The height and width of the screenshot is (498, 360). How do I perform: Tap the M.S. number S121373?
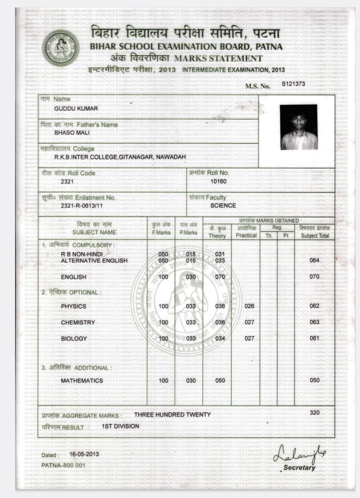(294, 84)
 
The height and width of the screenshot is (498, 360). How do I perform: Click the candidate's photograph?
(299, 127)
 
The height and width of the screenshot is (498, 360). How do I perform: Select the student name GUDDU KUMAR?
(76, 109)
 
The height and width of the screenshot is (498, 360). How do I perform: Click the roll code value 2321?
(67, 181)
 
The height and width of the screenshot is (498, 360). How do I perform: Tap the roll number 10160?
(218, 181)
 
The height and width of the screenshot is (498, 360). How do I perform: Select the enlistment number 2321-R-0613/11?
(82, 205)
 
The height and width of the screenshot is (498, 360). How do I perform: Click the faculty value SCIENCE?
(223, 205)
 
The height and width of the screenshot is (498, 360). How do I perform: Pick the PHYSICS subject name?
(73, 306)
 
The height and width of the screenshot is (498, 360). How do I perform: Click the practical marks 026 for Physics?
(249, 306)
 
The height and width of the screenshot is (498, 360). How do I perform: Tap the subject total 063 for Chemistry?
(314, 322)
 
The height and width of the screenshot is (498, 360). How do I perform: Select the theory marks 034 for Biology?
(220, 338)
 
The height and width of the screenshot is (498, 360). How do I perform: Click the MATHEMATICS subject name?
(82, 381)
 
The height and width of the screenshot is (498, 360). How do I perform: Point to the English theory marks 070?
(220, 277)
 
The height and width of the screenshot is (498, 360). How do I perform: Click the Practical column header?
(246, 235)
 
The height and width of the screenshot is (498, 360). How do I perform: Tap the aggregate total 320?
(315, 412)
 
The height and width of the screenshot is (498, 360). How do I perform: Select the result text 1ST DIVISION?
(120, 426)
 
